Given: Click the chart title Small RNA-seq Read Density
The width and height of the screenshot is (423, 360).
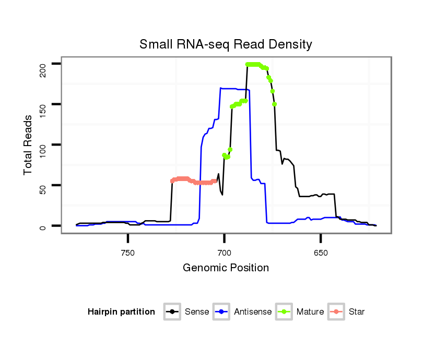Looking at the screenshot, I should click(x=226, y=44).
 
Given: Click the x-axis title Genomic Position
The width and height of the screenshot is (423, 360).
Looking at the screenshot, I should click(x=226, y=268).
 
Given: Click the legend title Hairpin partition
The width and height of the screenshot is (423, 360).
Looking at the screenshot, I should click(x=121, y=312).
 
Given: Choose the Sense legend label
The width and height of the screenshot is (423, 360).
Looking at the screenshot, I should click(x=197, y=312).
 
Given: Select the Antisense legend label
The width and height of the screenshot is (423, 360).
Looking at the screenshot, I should click(x=253, y=312).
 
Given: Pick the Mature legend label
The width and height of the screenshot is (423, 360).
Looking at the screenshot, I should click(x=310, y=312).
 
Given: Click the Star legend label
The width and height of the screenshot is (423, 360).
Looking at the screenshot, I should click(x=357, y=312).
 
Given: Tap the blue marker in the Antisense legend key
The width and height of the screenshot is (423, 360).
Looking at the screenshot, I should click(x=222, y=312).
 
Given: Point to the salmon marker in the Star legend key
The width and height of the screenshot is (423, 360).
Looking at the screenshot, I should click(x=337, y=312).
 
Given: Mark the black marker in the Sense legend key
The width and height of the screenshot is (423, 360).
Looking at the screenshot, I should click(x=172, y=312).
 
